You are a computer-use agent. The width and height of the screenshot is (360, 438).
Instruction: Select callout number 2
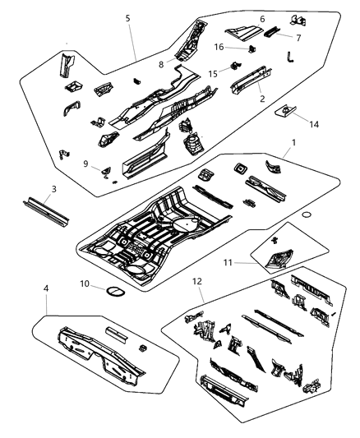(x=262, y=98)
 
